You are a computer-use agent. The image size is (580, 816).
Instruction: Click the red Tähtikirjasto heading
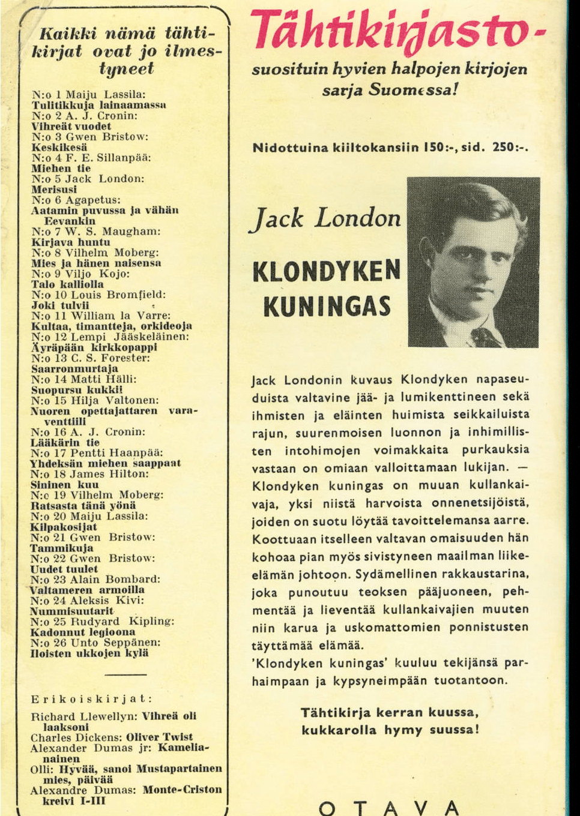pos(393,31)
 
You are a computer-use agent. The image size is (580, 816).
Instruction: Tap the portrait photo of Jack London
pos(473,262)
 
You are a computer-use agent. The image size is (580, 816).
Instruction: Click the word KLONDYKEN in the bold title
pos(326,271)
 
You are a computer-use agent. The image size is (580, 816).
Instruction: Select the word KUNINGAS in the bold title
pos(327,306)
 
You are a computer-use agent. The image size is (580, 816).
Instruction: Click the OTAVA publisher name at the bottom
pos(389,807)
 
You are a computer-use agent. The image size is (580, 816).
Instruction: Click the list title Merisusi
pos(54,190)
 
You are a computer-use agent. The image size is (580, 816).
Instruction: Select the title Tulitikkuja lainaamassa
pos(98,105)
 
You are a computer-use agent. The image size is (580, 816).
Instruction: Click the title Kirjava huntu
pos(71,242)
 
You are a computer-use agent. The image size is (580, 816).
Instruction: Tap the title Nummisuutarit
pos(72,611)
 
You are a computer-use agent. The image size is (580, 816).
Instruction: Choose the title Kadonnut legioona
pos(83,632)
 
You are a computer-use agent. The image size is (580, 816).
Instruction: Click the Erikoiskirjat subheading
pos(91,699)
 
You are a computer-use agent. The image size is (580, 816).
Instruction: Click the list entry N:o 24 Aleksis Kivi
pos(88,601)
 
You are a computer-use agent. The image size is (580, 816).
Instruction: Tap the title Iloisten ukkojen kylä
pos(89,653)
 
